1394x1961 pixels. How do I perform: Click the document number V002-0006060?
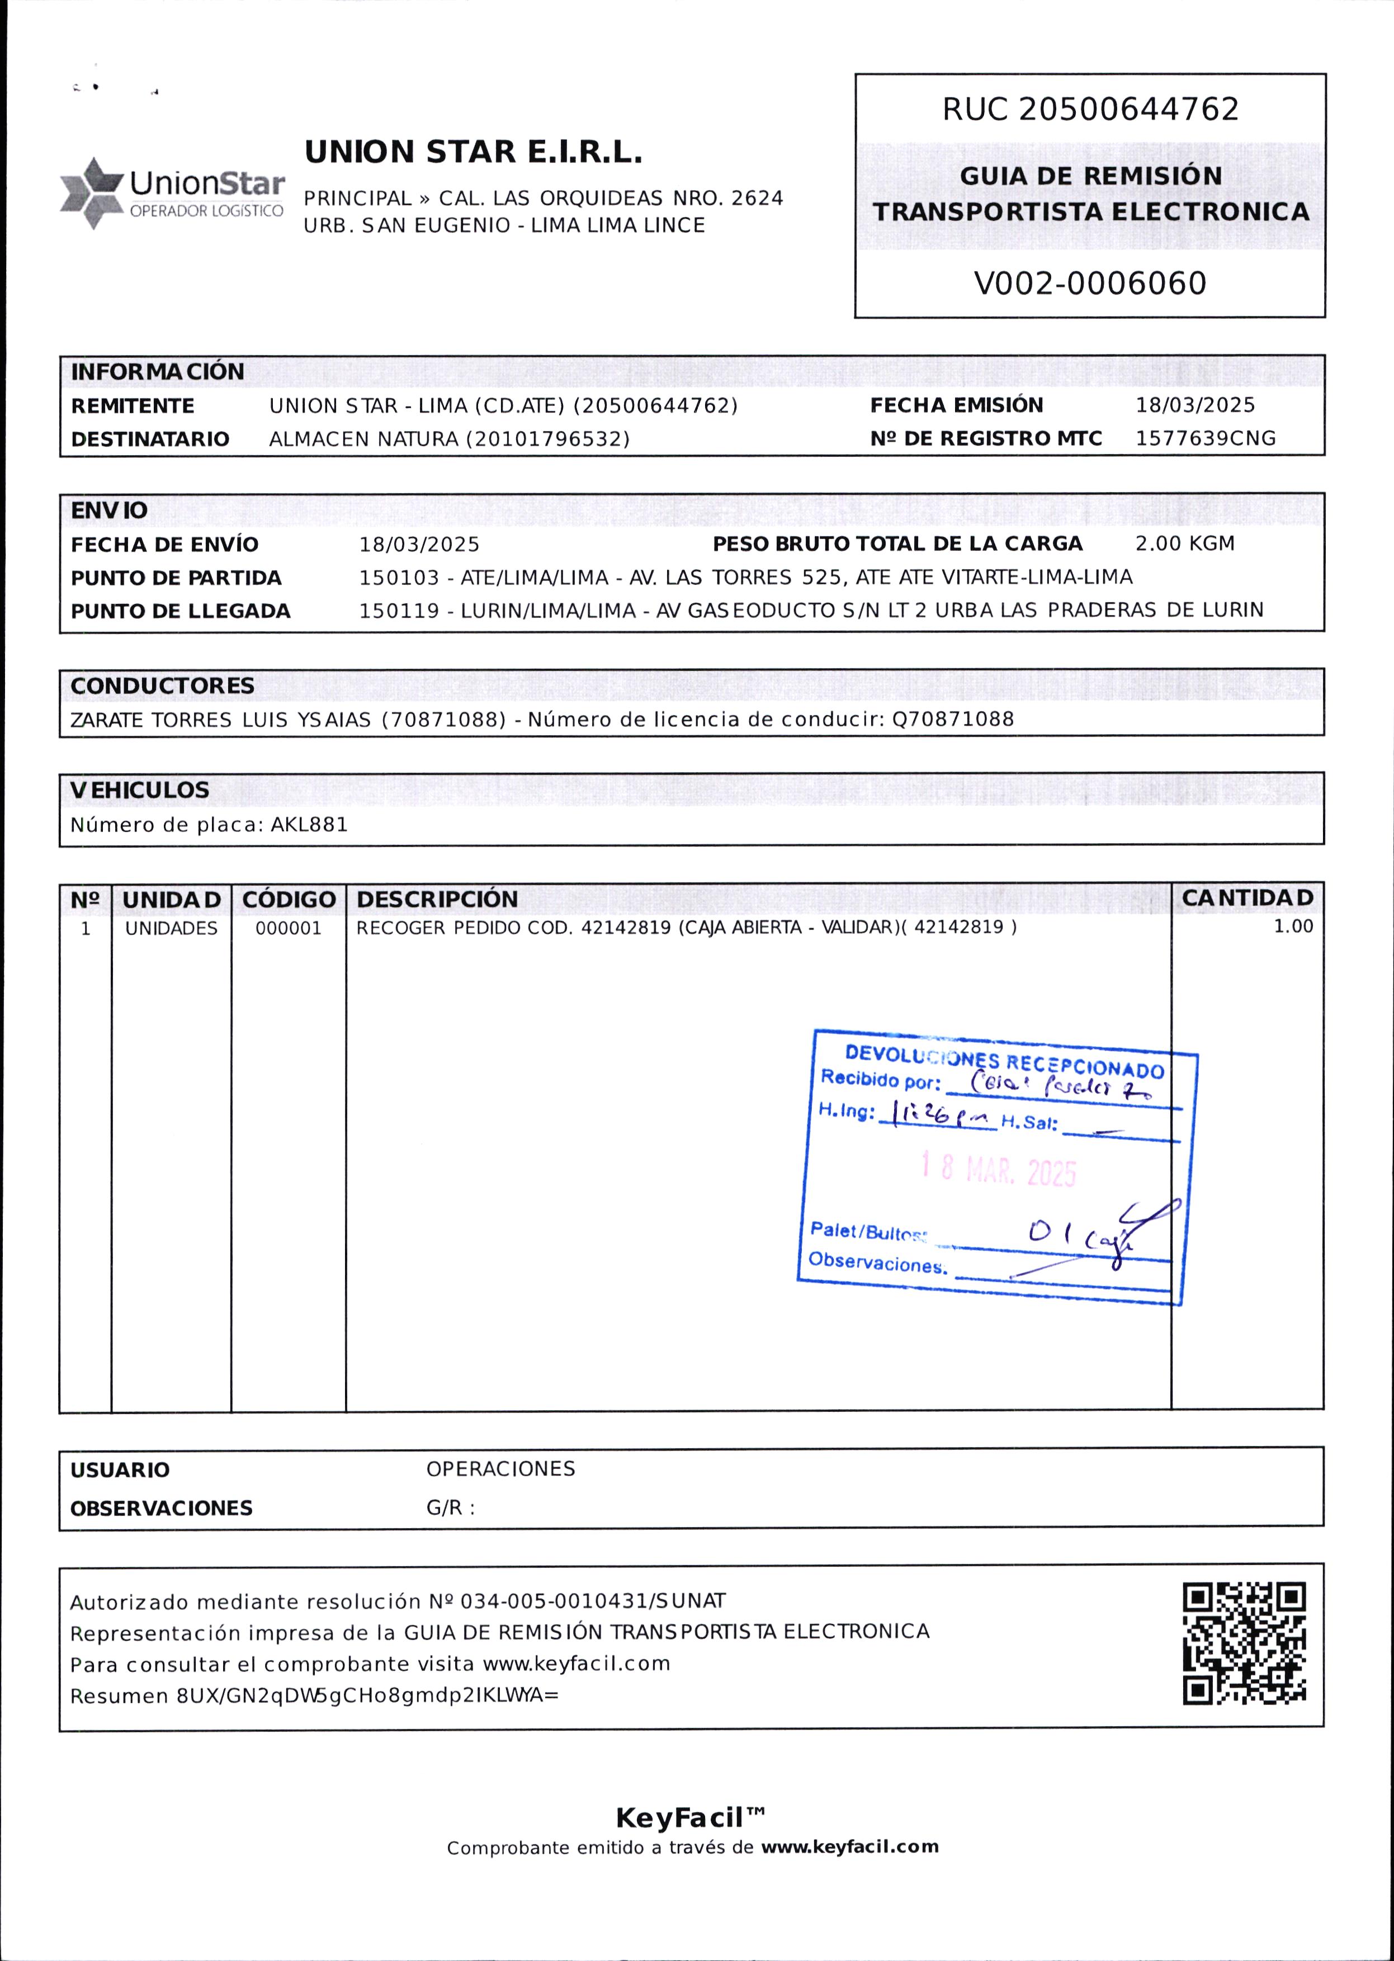point(1090,283)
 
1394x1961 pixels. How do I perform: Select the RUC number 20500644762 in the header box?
point(1129,110)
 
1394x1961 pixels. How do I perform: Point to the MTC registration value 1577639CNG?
point(1205,438)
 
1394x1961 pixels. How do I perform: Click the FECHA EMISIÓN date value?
point(1195,405)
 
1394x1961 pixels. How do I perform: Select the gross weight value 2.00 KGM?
point(1184,544)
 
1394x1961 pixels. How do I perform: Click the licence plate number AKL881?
point(309,825)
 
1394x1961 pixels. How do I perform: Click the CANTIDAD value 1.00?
point(1293,926)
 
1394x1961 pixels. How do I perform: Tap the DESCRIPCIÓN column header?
point(437,899)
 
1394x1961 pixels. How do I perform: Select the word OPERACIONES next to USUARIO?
point(500,1468)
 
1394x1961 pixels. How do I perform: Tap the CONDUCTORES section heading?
point(162,686)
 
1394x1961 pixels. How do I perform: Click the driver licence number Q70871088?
point(953,719)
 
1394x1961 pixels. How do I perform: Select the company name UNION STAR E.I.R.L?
point(474,153)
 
